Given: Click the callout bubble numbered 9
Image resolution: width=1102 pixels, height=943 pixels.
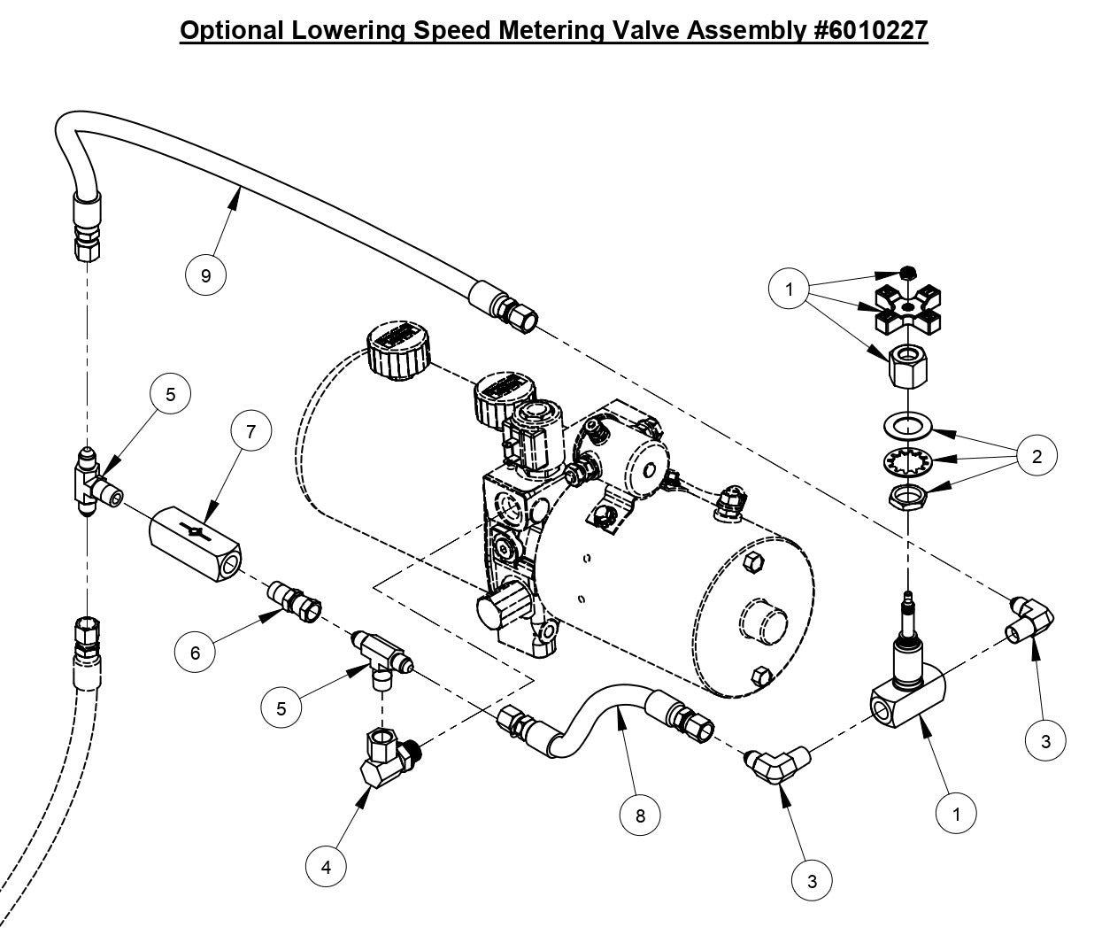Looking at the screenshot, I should coord(206,275).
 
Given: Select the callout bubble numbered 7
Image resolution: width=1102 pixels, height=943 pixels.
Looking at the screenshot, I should coord(251,431).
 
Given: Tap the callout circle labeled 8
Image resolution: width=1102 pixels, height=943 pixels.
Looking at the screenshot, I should coord(641,815).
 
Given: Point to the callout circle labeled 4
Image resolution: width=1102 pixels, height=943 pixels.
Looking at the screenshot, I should coord(327,868).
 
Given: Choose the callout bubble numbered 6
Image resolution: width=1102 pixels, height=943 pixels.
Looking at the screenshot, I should coord(196,653).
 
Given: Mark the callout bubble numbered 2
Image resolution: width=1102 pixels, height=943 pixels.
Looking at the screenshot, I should coord(1036,456).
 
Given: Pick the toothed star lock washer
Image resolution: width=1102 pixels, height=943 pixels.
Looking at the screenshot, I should coord(907,462).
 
